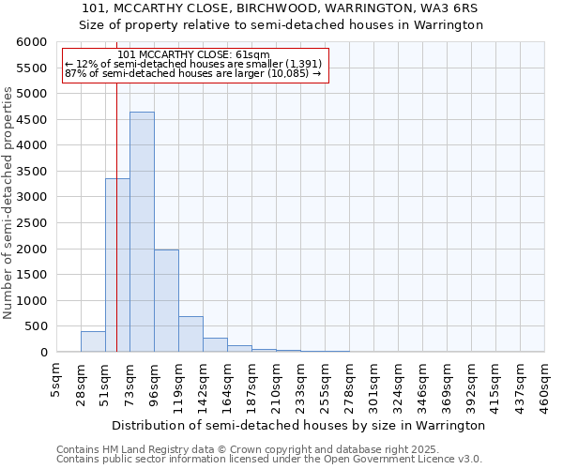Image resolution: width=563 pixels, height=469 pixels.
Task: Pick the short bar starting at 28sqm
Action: point(93,341)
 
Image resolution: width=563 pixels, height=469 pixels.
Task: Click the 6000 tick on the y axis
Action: point(31,42)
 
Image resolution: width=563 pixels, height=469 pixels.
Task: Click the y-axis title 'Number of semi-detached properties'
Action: point(8,203)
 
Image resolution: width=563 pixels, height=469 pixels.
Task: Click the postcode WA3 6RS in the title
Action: point(459,8)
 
